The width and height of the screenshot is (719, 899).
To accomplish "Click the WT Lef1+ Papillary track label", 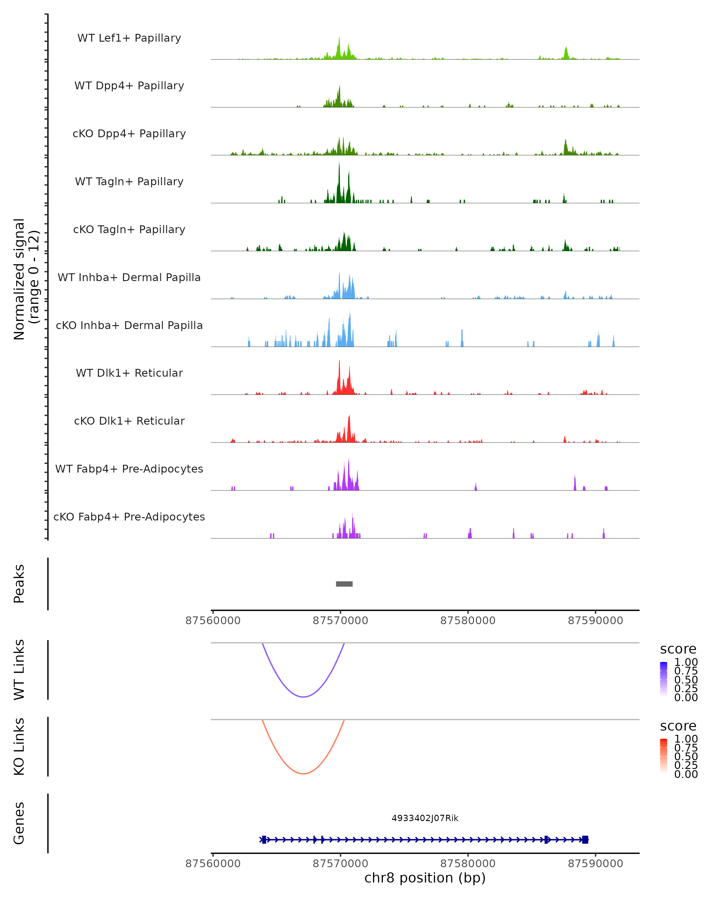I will [129, 38].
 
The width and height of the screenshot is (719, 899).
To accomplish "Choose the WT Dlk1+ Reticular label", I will [129, 373].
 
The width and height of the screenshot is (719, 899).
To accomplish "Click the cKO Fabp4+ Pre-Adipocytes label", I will [129, 517].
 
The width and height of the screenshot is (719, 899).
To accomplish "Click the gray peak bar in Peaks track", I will [344, 584].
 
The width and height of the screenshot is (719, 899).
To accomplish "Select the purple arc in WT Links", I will [303, 696].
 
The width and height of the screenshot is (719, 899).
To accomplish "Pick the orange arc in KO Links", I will [303, 773].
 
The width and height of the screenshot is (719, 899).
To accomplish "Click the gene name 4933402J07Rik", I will [425, 818].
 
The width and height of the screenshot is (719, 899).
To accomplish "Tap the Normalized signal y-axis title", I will [26, 279].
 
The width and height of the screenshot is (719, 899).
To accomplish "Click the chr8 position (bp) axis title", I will [425, 878].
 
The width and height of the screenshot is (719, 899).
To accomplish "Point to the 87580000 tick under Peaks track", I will [468, 621].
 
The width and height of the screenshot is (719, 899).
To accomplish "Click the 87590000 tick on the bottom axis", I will [595, 864].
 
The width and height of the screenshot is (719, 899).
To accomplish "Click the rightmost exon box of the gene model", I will [585, 840].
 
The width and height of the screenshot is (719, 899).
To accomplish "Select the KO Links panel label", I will [19, 746].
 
